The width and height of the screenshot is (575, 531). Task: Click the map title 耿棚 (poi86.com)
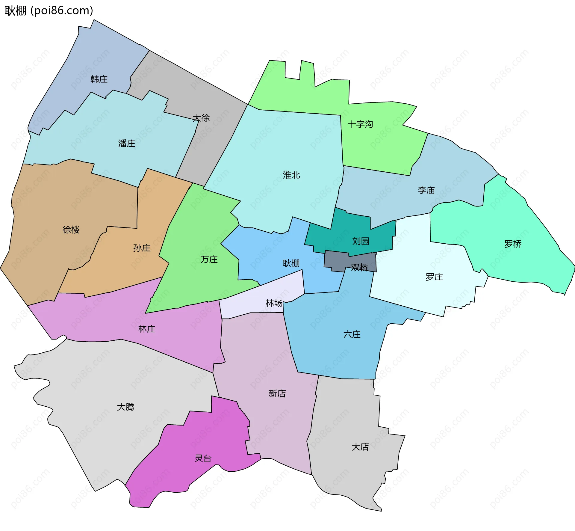click(x=49, y=10)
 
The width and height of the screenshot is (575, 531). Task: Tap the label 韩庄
click(x=99, y=79)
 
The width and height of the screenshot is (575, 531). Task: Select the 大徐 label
click(x=201, y=118)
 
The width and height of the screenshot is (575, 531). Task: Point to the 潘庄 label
click(x=127, y=144)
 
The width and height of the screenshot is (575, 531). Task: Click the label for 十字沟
click(x=360, y=124)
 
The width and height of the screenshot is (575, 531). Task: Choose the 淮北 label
click(x=291, y=175)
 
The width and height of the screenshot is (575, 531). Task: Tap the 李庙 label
click(x=426, y=190)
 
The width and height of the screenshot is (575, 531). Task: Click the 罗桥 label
click(x=513, y=244)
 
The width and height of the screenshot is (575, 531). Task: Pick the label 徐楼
click(x=71, y=230)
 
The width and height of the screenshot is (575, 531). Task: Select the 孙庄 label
click(x=142, y=248)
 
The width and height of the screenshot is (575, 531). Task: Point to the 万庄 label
click(x=209, y=259)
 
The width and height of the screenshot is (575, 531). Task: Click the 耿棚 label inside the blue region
click(x=291, y=263)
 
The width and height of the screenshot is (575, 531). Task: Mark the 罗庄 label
click(x=434, y=277)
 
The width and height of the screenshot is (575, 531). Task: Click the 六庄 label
click(x=352, y=334)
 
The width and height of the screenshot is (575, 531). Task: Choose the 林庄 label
click(x=147, y=329)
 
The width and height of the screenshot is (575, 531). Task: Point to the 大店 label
click(x=360, y=447)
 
